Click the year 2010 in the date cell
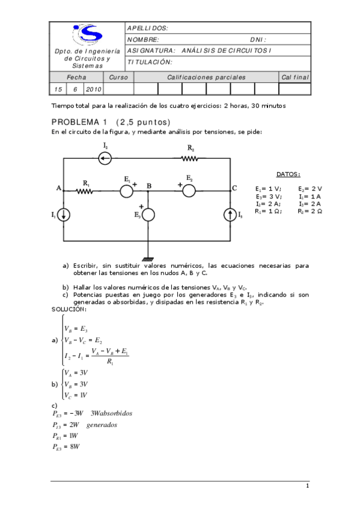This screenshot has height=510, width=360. [93, 89]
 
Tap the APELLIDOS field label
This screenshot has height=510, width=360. [148, 28]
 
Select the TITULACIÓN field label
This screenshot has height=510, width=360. [150, 62]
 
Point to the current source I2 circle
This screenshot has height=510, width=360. [105, 159]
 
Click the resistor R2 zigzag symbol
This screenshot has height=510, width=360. [189, 159]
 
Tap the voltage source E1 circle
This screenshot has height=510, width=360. [126, 191]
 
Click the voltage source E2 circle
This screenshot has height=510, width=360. [189, 191]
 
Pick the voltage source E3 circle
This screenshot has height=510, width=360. [148, 215]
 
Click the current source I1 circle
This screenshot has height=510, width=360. [64, 215]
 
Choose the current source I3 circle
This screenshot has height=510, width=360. [231, 215]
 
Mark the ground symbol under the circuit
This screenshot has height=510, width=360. [148, 258]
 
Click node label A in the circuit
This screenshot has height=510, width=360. [59, 188]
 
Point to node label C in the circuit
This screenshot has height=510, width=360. [234, 188]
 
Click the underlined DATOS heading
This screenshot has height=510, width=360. [288, 174]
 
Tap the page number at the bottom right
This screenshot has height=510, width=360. [307, 486]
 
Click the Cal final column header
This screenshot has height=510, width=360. [294, 77]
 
